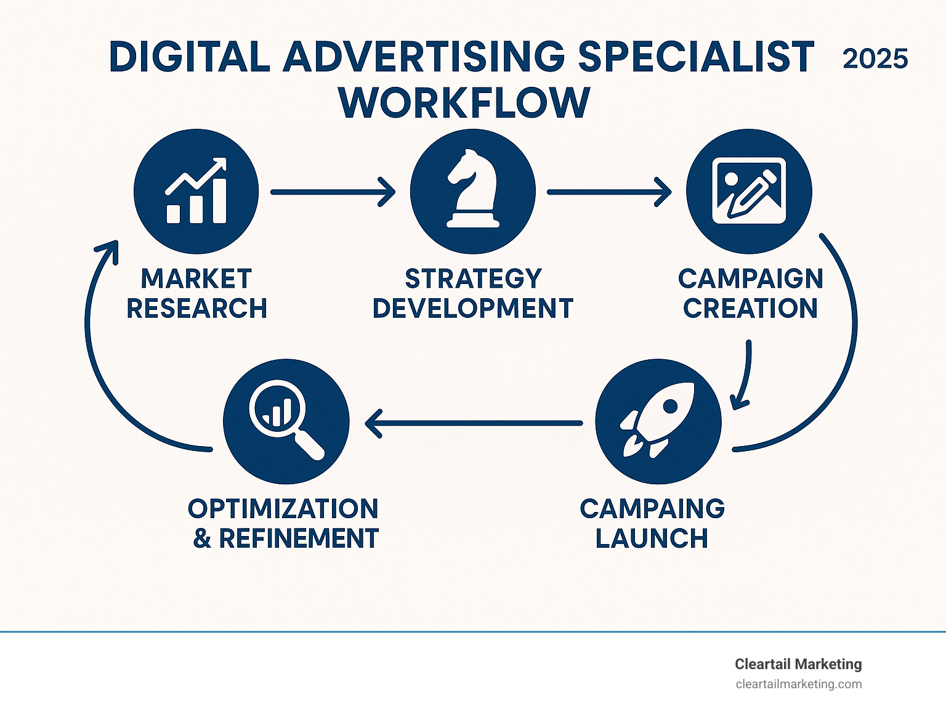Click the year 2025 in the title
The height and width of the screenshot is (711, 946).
click(x=875, y=59)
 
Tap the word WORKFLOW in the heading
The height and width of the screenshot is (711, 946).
click(x=464, y=103)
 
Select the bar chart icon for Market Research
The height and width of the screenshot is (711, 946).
click(x=196, y=190)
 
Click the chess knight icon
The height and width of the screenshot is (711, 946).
click(x=473, y=189)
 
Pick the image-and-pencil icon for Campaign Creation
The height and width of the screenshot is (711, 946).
click(x=749, y=190)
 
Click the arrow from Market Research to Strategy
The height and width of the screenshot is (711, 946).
click(x=333, y=192)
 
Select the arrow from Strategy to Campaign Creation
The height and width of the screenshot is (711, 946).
click(x=609, y=192)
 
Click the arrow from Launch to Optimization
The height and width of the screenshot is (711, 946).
click(x=474, y=423)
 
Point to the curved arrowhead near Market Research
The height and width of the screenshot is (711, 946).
click(x=108, y=250)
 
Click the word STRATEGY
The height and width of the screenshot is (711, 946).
click(x=473, y=278)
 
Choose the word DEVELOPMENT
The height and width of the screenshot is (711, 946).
click(x=473, y=308)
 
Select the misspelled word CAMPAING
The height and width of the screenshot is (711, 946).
click(x=652, y=508)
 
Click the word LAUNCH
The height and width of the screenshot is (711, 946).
click(x=652, y=538)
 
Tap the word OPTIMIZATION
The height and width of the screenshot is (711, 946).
click(x=283, y=508)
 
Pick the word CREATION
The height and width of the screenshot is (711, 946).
click(x=750, y=308)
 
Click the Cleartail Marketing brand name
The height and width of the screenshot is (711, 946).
click(x=798, y=664)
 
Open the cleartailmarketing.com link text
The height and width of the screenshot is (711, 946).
click(x=799, y=685)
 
